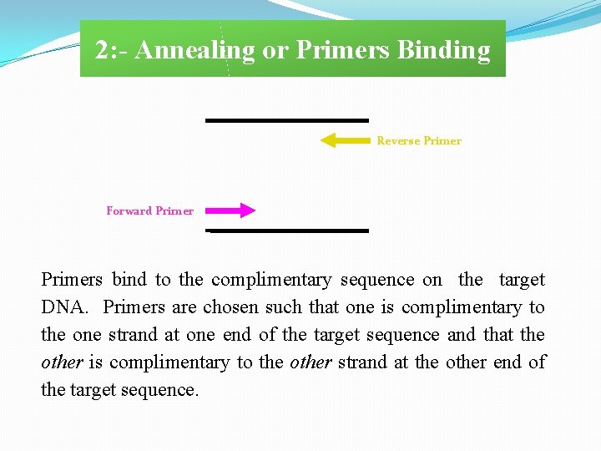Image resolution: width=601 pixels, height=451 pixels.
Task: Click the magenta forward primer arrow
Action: point(230,210)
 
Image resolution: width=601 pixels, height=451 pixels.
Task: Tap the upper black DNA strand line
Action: point(286,120)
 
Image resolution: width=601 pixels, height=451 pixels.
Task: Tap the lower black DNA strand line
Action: point(286,231)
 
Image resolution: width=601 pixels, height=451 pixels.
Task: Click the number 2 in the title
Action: point(101,50)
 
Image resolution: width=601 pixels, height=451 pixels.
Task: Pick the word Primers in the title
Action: point(343,50)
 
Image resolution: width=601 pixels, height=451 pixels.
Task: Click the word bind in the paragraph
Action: point(129,280)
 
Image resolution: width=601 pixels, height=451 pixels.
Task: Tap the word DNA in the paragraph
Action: point(63,307)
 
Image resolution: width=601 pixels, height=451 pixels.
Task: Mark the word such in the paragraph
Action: point(285,307)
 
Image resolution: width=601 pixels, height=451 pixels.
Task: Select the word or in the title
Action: point(275,50)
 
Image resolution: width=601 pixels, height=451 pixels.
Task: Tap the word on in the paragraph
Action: point(432,280)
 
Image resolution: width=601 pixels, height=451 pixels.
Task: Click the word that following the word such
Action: point(325,307)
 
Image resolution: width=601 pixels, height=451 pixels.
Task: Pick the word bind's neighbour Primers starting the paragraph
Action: point(71,280)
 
